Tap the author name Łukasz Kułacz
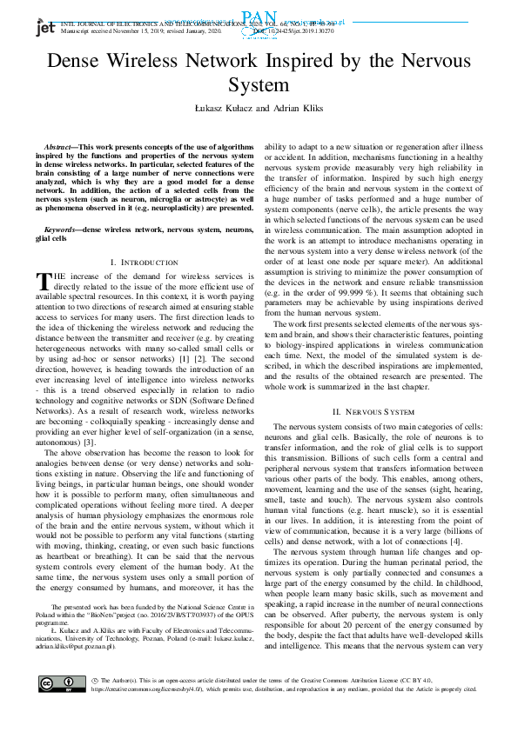217,106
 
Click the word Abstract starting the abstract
62,149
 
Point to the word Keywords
62,230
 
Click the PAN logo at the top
259,16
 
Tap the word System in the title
259,85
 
